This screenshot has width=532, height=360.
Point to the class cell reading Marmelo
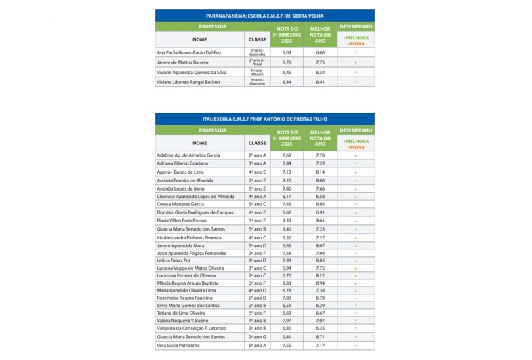pyautogui.click(x=257, y=83)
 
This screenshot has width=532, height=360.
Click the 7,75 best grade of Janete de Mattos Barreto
pyautogui.click(x=320, y=61)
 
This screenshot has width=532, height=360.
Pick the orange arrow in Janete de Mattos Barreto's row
pyautogui.click(x=355, y=61)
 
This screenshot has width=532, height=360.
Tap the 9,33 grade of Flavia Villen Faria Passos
pyautogui.click(x=287, y=220)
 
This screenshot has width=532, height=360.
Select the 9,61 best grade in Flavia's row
pyautogui.click(x=320, y=220)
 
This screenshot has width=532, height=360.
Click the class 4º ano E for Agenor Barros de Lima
pyautogui.click(x=257, y=172)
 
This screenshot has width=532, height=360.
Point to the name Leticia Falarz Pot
pyautogui.click(x=173, y=260)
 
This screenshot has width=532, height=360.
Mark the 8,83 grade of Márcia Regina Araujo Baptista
pyautogui.click(x=287, y=285)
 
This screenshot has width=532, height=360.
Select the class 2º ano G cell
pyautogui.click(x=257, y=336)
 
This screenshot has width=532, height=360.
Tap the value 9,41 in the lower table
pyautogui.click(x=287, y=336)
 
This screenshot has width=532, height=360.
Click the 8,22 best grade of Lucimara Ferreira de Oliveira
pyautogui.click(x=320, y=277)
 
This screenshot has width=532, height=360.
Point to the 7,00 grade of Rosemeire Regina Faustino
pyautogui.click(x=287, y=297)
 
